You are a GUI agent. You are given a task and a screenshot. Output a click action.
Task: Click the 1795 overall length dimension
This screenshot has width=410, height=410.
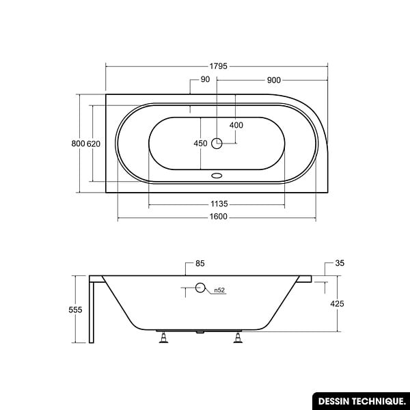click(219, 66)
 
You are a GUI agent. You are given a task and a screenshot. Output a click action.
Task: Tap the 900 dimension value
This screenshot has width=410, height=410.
click(274, 80)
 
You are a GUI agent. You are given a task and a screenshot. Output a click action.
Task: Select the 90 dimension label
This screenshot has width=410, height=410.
click(205, 79)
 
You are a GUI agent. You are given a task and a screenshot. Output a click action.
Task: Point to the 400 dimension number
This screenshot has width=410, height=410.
click(236, 125)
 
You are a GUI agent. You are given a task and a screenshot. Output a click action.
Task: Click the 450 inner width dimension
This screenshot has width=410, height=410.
click(200, 143)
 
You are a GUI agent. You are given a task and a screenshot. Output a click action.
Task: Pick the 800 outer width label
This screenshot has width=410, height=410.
click(78, 143)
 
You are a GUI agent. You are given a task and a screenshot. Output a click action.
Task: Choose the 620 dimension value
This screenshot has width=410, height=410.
click(94, 143)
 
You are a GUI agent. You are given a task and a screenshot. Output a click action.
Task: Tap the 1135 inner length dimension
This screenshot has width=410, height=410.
click(219, 204)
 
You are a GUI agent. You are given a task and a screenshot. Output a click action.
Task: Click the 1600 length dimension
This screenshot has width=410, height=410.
click(219, 217)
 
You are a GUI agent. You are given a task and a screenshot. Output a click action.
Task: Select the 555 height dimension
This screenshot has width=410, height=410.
click(75, 310)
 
